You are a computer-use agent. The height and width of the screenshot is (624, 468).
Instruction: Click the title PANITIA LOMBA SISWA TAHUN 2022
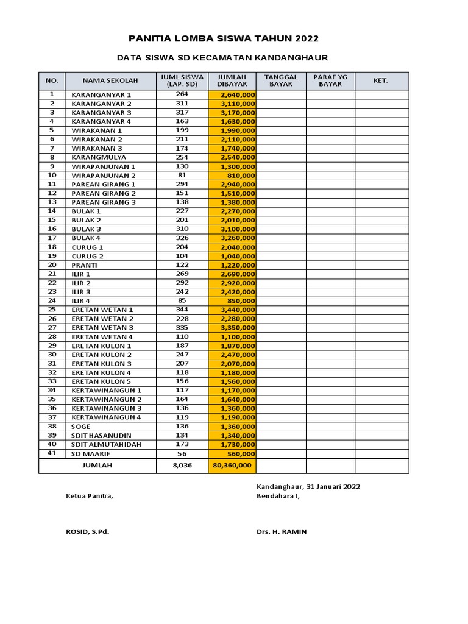[x=223, y=39]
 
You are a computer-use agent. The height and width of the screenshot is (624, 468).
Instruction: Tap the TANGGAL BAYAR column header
[x=281, y=80]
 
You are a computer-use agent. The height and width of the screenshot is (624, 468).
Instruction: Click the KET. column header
[x=381, y=80]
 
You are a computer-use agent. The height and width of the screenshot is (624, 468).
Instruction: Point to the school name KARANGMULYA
[x=99, y=157]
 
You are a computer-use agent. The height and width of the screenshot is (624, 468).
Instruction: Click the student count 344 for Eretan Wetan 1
[x=182, y=310]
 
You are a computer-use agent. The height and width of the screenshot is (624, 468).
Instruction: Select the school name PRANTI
[x=85, y=265]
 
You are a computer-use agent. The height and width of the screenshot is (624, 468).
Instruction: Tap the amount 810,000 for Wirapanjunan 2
[x=241, y=175]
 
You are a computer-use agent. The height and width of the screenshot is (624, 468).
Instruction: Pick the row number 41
[x=52, y=453]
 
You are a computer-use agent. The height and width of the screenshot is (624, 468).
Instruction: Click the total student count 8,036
[x=182, y=466]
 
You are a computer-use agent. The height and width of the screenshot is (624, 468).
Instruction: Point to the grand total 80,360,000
[x=232, y=466]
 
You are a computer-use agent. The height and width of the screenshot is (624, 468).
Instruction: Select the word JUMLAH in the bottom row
[x=97, y=466]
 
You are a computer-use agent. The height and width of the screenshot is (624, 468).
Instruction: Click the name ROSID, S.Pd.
[x=87, y=531]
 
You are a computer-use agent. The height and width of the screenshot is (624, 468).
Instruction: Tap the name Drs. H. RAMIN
[x=282, y=531]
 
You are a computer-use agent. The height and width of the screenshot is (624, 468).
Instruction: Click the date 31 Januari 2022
[x=334, y=486]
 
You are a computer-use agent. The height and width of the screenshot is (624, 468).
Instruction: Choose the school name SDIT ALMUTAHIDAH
[x=106, y=444]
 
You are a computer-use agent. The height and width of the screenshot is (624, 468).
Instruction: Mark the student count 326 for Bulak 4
[x=182, y=238]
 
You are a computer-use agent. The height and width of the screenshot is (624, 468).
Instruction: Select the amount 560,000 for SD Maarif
[x=241, y=454]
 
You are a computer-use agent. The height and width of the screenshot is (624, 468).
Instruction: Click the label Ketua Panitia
[x=90, y=496]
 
